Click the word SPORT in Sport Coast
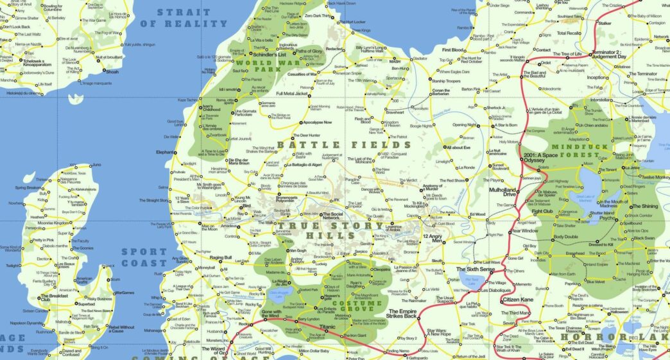click(144, 252)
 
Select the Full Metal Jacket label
click(293, 94)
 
